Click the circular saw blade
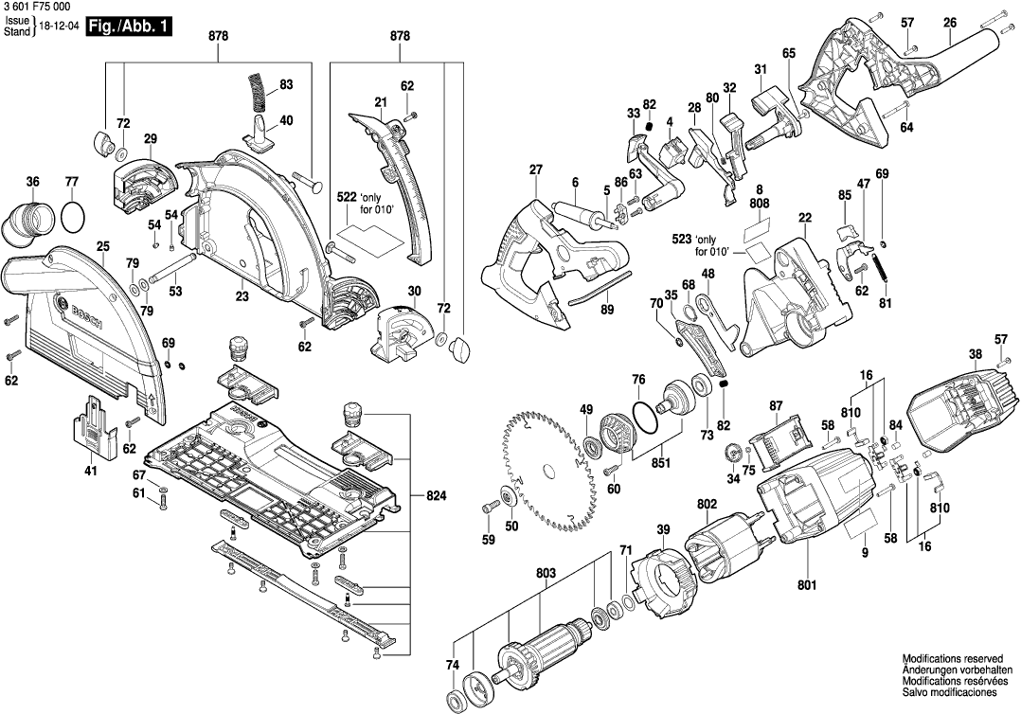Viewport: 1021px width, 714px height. [549, 471]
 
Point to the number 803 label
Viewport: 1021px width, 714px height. [546, 574]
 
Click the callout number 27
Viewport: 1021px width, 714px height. [536, 170]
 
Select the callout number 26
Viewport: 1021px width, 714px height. [950, 22]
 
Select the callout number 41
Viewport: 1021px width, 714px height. [91, 471]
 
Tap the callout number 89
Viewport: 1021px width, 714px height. [607, 310]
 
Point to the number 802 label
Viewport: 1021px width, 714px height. [707, 506]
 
